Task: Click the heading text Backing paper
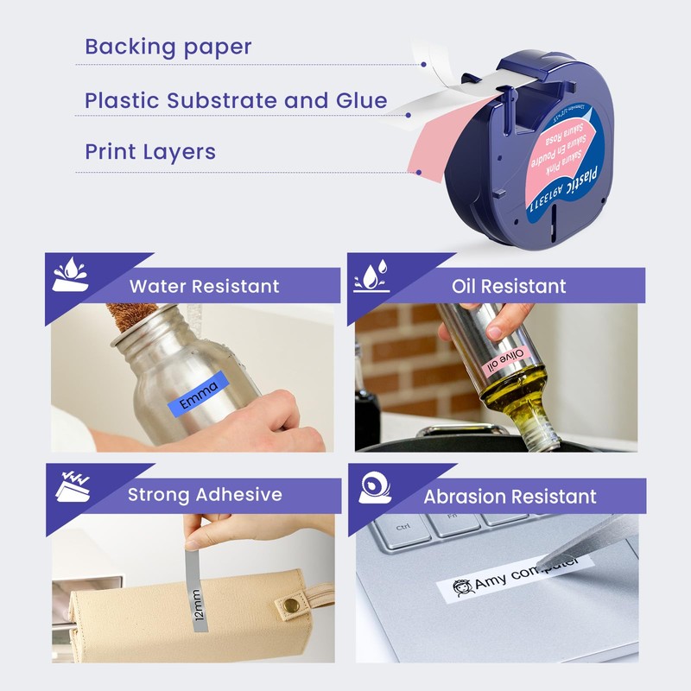tap(168, 47)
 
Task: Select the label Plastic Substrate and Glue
tap(236, 100)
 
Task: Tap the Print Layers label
tap(150, 152)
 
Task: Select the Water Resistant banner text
tap(204, 286)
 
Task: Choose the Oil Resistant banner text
tap(509, 286)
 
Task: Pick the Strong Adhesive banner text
tap(205, 495)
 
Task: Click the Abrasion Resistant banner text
tap(510, 497)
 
